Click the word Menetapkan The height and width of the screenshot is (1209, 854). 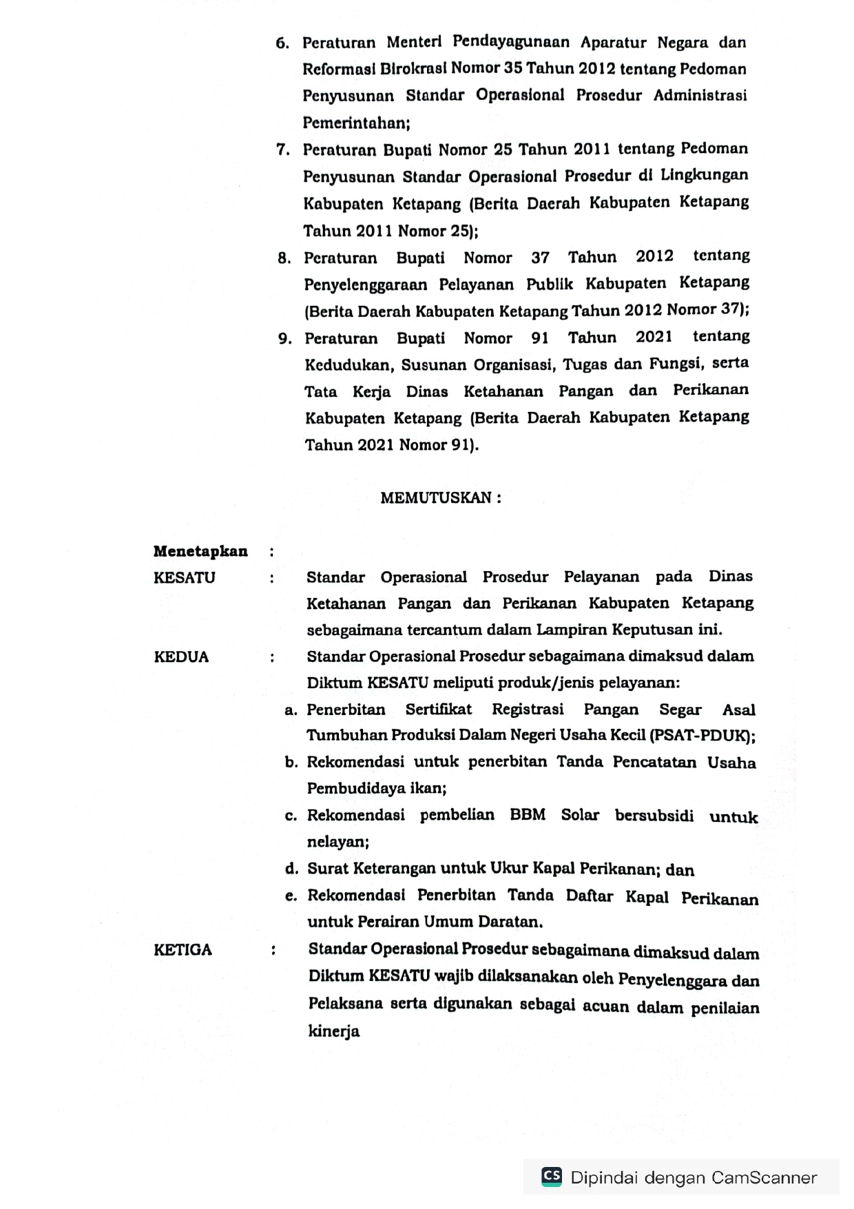point(200,551)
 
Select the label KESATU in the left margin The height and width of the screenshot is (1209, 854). point(185,578)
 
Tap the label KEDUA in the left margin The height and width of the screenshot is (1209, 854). point(181,657)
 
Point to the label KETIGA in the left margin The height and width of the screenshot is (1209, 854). point(183,949)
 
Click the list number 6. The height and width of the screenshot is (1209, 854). point(282,43)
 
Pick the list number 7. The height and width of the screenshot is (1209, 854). point(282,149)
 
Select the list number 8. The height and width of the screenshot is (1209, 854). point(284,258)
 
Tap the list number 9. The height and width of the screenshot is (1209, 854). point(284,338)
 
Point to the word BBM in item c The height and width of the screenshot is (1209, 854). point(528,815)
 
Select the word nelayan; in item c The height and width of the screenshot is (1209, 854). point(338,842)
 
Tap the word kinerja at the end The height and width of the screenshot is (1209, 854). point(334,1031)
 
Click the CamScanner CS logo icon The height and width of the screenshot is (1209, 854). point(552,1176)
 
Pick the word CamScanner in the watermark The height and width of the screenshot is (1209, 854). point(764,1177)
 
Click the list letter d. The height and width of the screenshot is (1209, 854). point(291,869)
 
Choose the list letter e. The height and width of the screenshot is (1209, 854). point(291,896)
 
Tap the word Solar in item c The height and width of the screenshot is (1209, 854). point(580,815)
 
